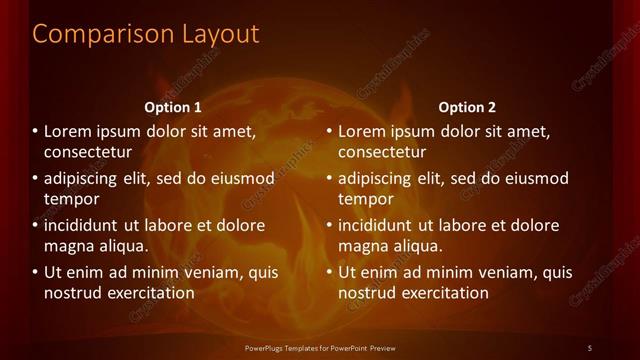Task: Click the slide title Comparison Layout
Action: (x=146, y=33)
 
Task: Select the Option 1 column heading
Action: (x=173, y=107)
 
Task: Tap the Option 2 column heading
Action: (x=467, y=107)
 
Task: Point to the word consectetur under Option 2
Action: (x=382, y=152)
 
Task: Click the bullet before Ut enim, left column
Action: (x=36, y=272)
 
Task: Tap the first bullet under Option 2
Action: (x=330, y=131)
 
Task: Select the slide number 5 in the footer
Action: (x=590, y=347)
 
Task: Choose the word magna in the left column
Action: (x=68, y=246)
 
